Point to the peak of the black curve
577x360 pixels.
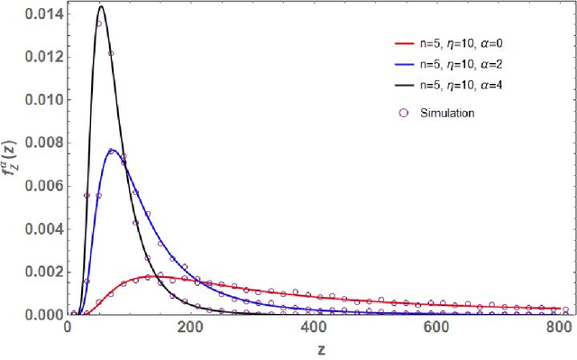point(101,7)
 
